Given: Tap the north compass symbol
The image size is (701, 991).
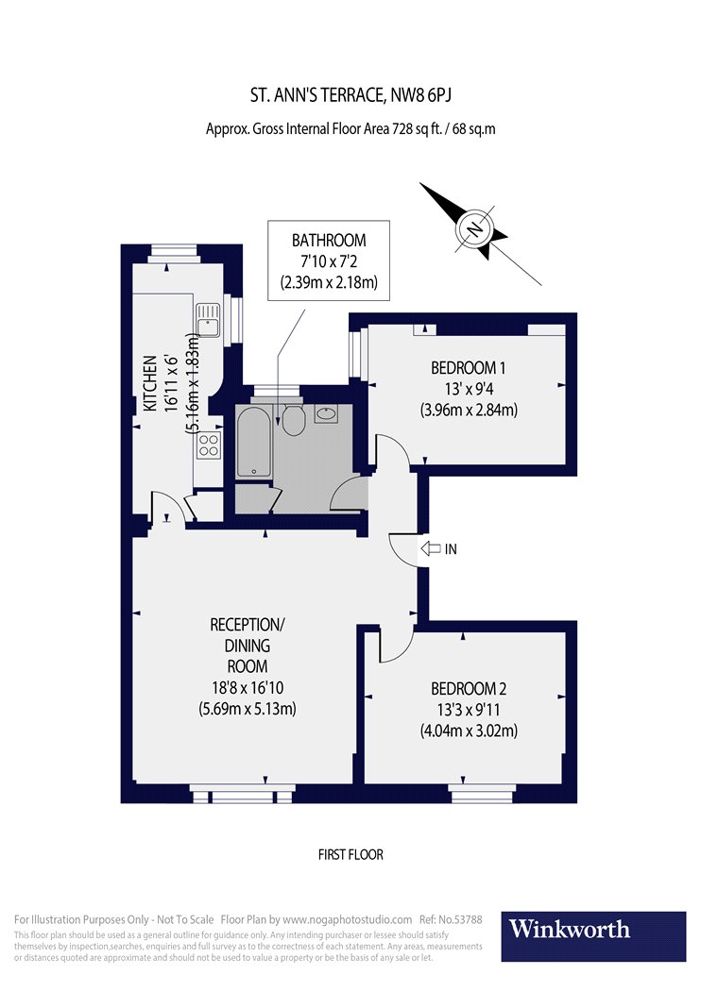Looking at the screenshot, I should [x=474, y=229].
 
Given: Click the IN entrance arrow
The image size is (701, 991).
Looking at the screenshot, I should [x=433, y=548].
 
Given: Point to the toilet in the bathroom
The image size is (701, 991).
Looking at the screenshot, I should [x=292, y=421].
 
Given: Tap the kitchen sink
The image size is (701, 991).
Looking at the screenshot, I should [x=208, y=320].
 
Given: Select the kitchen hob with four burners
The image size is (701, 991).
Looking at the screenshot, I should [x=209, y=445].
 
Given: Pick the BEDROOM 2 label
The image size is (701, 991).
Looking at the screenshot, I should [x=468, y=688].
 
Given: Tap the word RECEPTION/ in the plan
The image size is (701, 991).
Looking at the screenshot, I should [x=247, y=625].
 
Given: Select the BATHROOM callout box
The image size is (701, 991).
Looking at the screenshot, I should [x=328, y=260].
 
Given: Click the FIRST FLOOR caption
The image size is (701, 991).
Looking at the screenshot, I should [x=350, y=855].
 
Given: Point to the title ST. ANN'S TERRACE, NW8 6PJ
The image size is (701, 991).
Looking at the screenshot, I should [x=350, y=95].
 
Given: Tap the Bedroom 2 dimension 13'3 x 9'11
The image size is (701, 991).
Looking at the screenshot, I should [x=469, y=709].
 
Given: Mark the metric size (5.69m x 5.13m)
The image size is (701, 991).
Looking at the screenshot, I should [x=247, y=709].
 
